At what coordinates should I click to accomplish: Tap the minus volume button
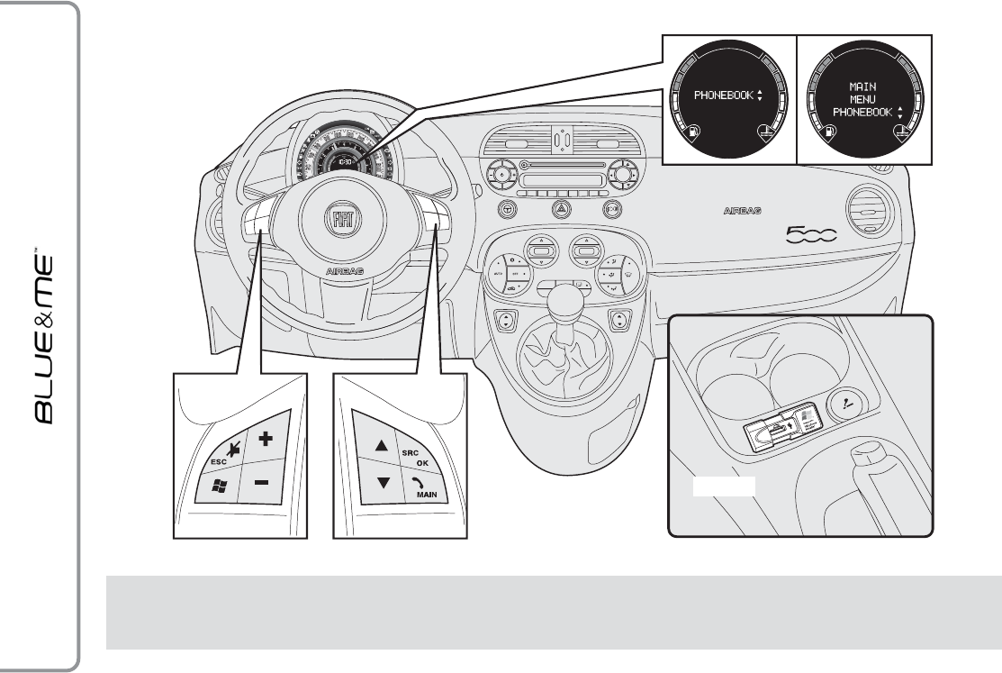[261, 483]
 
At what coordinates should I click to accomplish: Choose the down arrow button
[384, 481]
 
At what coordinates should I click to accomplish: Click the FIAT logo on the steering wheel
[343, 222]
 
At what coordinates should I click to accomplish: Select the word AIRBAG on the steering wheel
[343, 268]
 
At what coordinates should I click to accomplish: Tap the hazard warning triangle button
[558, 208]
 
